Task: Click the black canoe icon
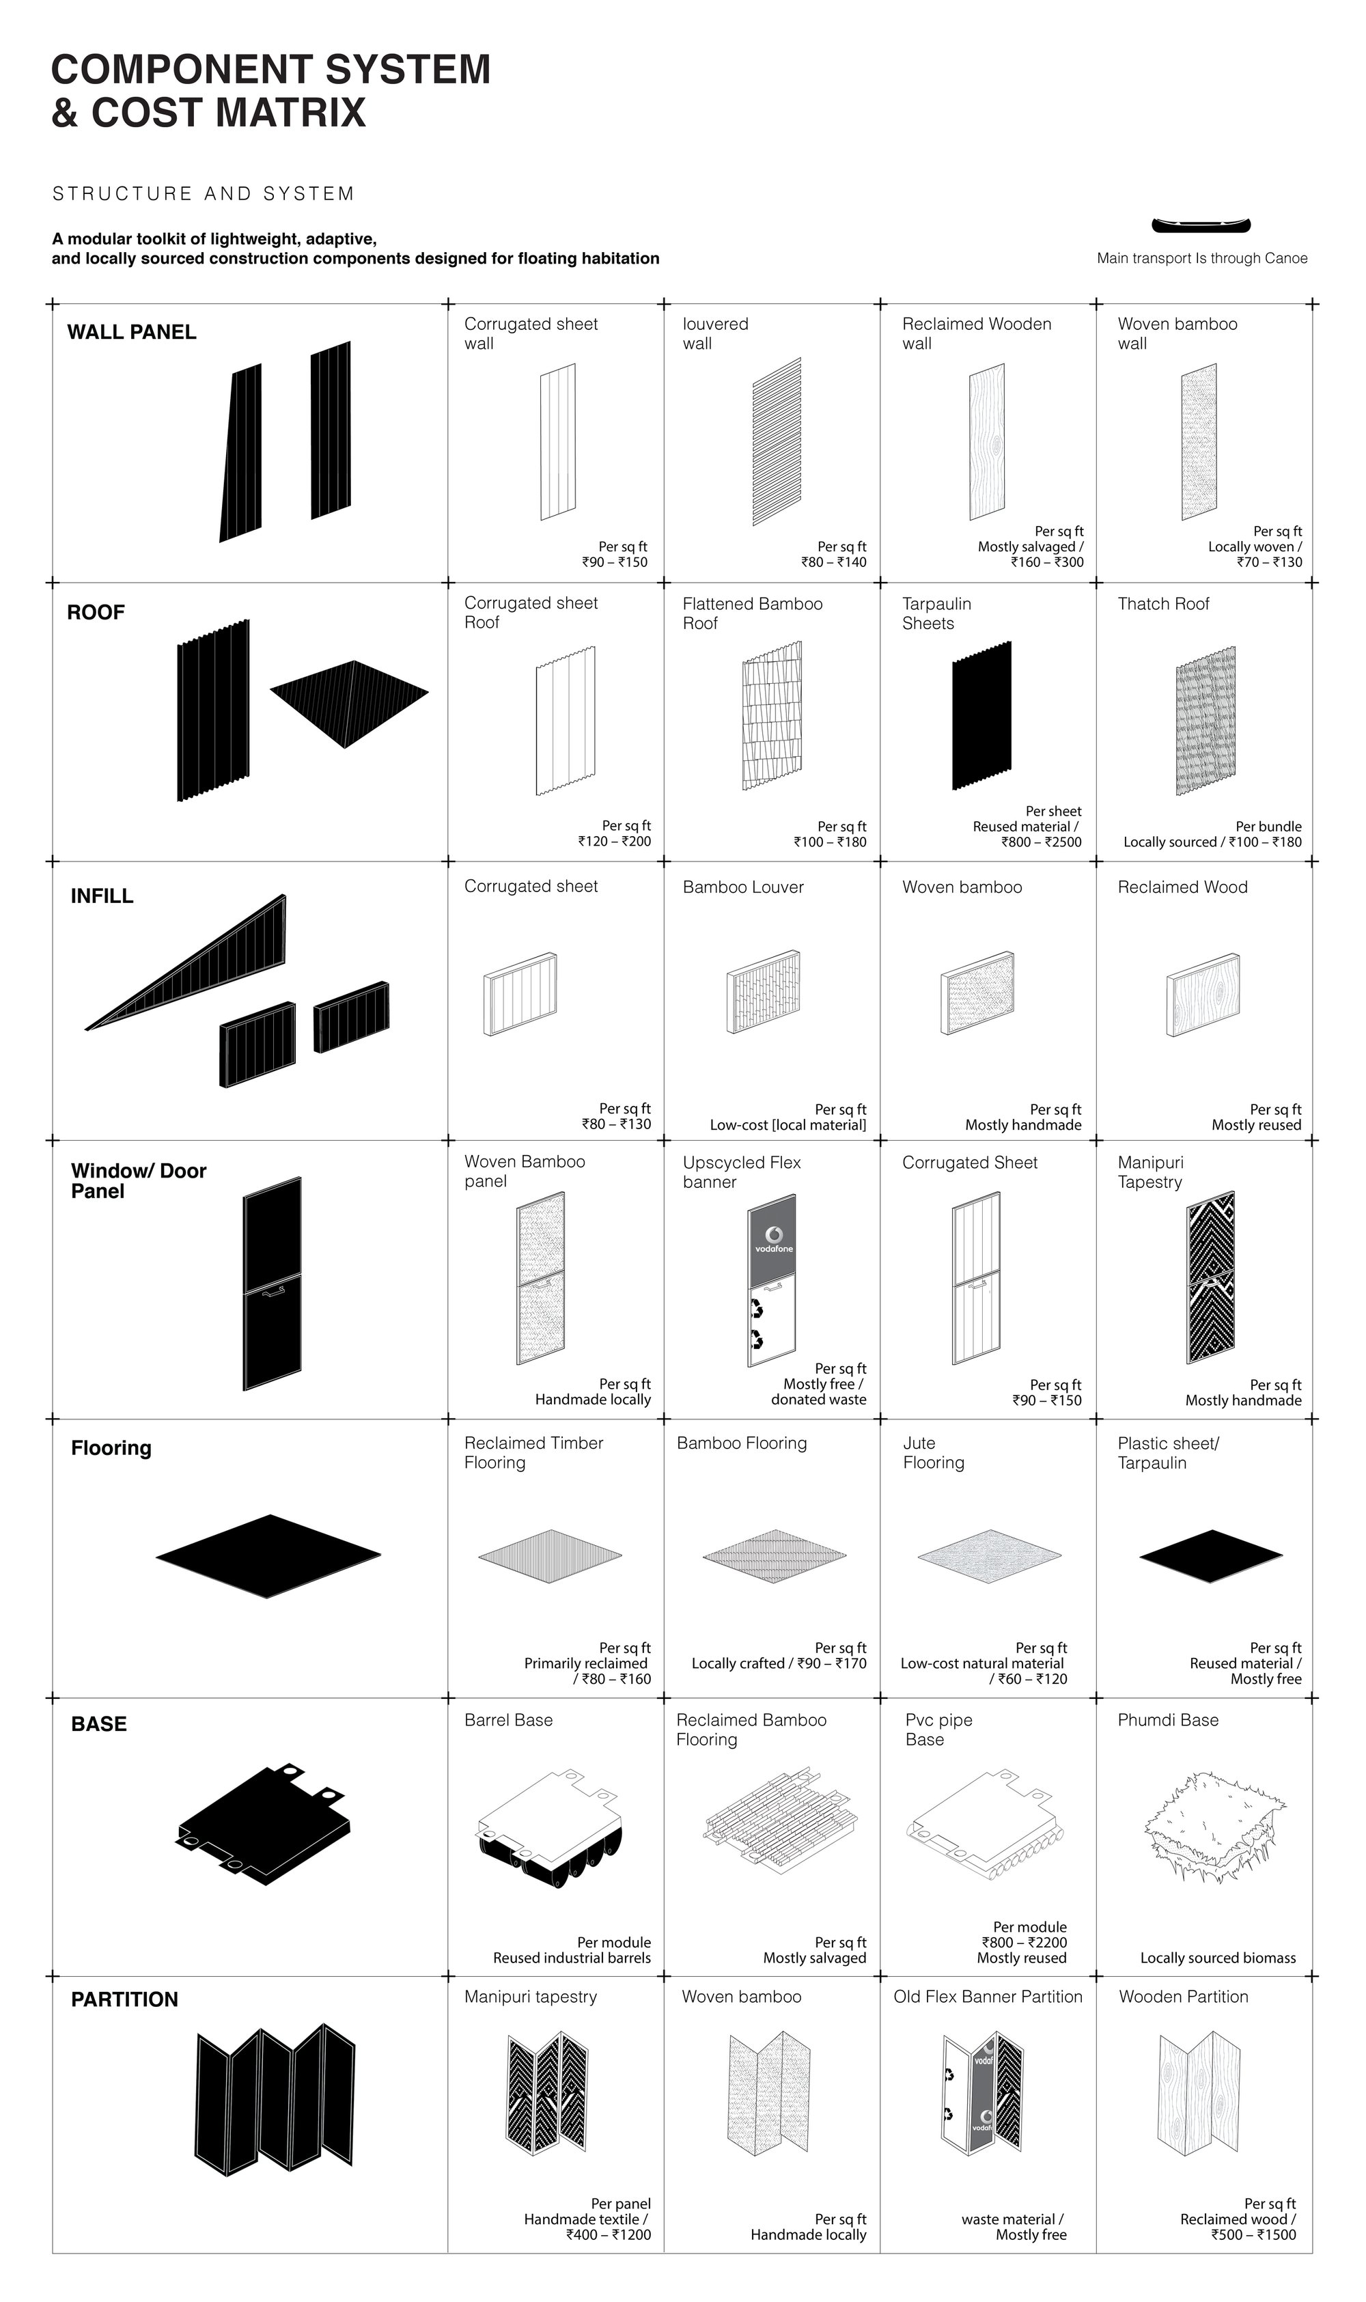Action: pos(1201,225)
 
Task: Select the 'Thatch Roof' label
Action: pos(1164,604)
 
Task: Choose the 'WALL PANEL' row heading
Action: pos(132,332)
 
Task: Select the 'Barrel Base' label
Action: pos(508,1720)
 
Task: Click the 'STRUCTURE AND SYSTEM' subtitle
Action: pos(204,193)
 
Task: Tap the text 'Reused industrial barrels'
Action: pos(572,1958)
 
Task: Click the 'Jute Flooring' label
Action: pos(934,1452)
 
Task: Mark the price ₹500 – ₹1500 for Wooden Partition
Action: pos(1254,2234)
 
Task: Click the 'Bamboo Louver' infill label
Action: pos(743,887)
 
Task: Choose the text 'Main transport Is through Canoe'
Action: pos(1202,259)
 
